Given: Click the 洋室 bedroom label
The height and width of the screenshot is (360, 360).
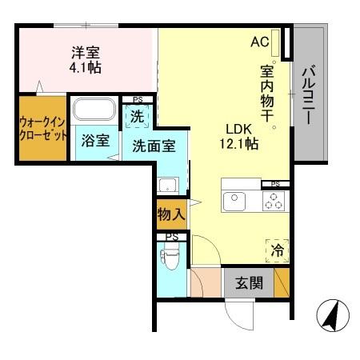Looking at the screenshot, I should click(x=85, y=53).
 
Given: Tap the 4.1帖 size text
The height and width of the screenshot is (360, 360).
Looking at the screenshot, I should click(x=85, y=68).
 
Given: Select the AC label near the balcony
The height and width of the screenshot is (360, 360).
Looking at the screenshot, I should click(x=260, y=42).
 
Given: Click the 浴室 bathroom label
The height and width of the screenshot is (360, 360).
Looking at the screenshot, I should click(x=95, y=141).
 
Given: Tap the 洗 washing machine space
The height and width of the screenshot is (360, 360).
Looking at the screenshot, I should click(x=138, y=116).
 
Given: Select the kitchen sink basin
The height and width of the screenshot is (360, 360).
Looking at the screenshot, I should click(x=234, y=200).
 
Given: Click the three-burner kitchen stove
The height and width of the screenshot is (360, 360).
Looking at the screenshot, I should click(x=272, y=201).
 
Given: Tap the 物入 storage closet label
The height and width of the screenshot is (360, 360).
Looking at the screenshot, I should click(x=170, y=214).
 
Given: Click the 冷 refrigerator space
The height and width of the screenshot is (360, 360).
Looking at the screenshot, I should click(x=277, y=250).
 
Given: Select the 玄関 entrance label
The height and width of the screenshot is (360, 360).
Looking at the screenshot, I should click(x=248, y=283).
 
